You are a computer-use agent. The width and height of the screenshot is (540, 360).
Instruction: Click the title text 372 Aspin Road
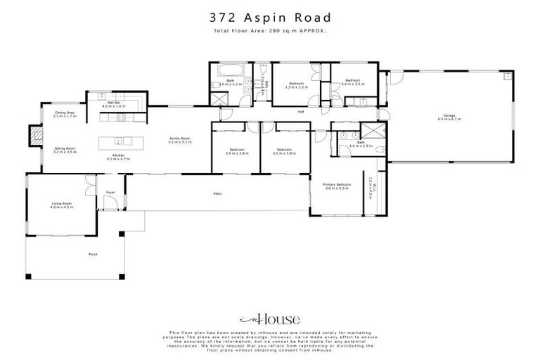[270, 17]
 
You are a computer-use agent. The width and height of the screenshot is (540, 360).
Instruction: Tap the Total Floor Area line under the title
[270, 32]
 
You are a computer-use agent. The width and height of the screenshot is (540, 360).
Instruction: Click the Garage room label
[449, 117]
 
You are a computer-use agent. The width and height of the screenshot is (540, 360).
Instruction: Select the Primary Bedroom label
[337, 186]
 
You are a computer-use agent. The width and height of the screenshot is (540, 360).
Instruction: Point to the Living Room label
[62, 205]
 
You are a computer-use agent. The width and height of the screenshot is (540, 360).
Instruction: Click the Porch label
[91, 254]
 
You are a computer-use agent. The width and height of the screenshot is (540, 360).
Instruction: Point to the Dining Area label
[65, 114]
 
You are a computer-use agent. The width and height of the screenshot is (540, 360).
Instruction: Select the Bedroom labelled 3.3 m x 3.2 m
[296, 86]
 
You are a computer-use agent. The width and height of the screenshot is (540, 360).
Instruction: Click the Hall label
[300, 112]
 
